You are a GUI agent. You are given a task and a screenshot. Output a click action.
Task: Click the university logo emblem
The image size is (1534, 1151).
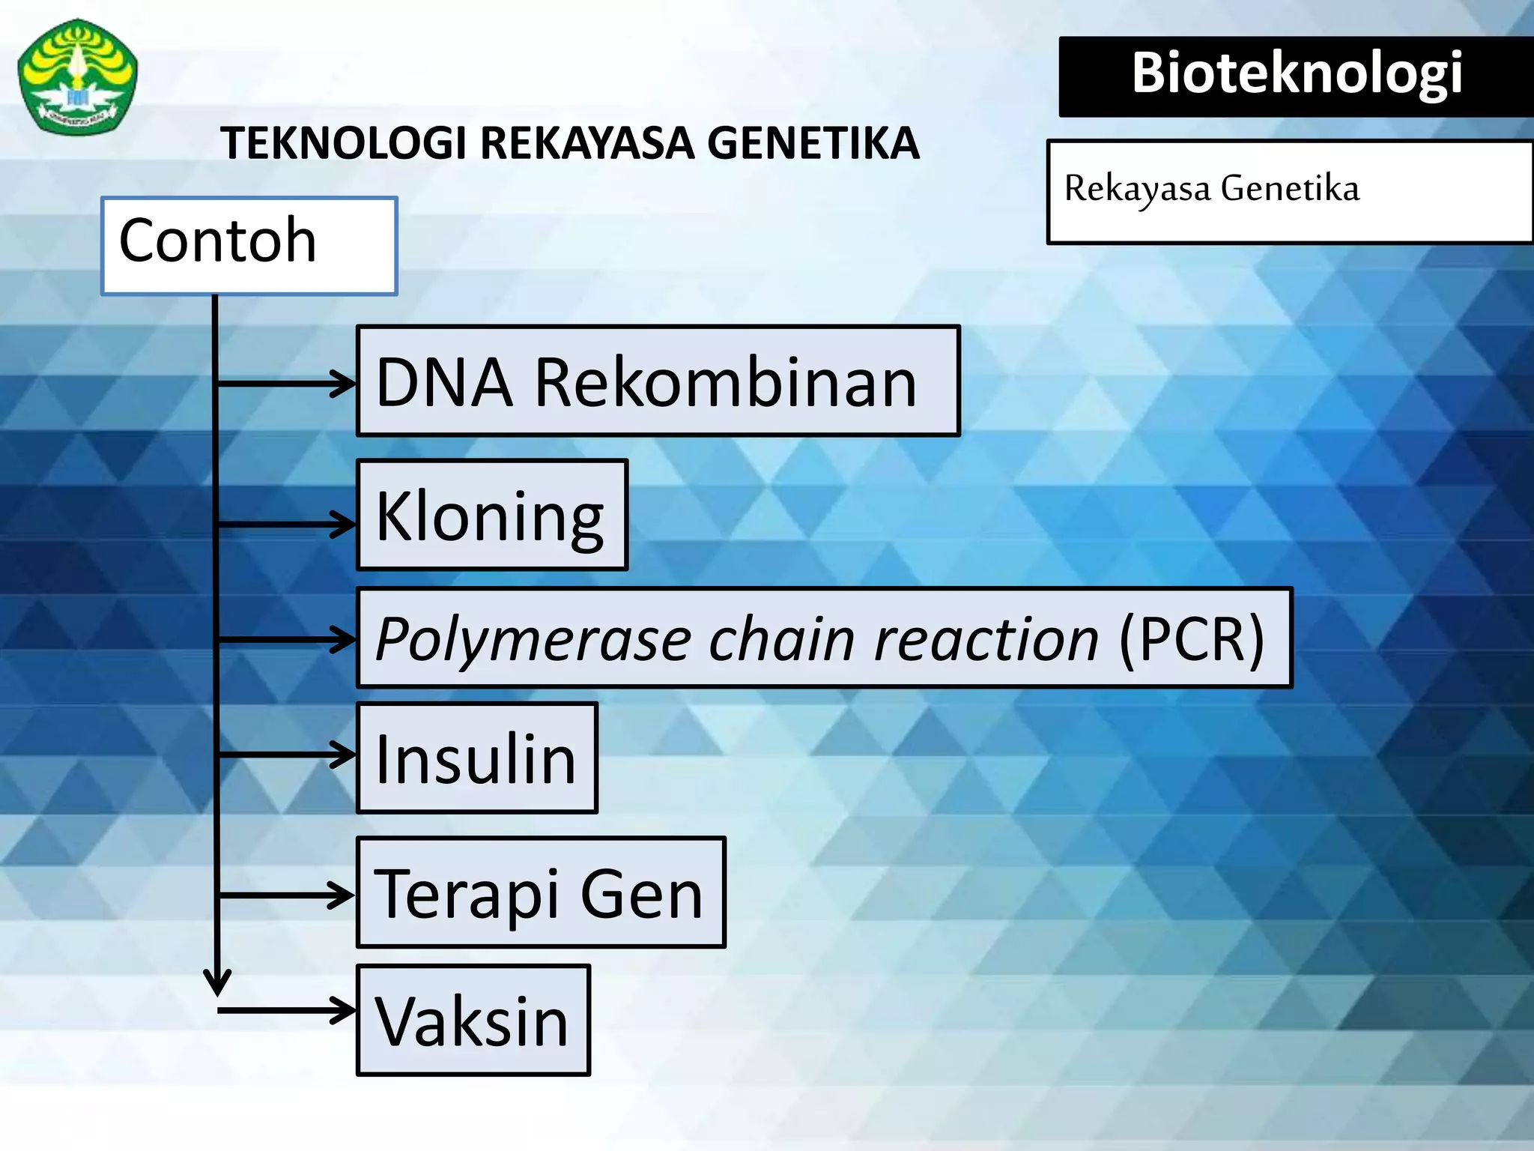pos(77,76)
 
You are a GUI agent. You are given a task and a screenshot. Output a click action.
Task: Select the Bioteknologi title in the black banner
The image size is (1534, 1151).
pos(1297,73)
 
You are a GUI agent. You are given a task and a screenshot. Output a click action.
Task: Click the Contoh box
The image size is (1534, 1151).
pos(249,246)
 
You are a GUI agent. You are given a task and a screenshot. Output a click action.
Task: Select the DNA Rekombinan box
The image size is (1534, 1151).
pos(658,381)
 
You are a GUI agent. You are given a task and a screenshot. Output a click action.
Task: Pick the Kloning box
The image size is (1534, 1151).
pos(491,515)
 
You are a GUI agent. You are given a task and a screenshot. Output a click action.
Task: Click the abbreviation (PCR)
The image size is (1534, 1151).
pos(1191,638)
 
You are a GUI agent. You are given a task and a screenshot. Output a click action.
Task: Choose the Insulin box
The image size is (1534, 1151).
pos(476,758)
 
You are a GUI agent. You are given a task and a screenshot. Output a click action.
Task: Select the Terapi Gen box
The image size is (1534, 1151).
pos(541,892)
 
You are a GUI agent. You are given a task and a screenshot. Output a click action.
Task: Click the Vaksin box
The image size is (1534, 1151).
pos(473,1020)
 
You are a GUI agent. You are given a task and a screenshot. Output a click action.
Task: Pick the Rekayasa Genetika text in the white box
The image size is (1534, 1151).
pos(1211,189)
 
